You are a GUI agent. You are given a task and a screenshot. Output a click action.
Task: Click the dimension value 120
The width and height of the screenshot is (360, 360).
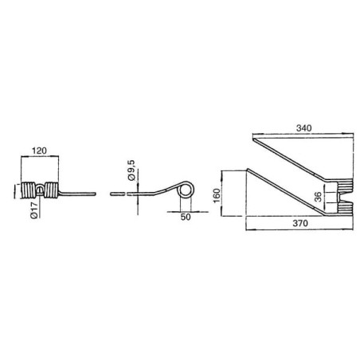tap(39, 151)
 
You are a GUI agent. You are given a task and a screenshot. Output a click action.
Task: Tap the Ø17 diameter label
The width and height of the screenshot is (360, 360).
tap(34, 209)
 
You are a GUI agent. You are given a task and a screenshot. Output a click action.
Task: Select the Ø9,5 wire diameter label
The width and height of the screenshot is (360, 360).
tap(131, 170)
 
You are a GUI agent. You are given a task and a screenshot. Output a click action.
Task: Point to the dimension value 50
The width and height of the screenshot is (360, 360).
tap(186, 217)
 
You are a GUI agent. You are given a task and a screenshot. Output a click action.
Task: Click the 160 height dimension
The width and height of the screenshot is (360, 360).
tap(217, 195)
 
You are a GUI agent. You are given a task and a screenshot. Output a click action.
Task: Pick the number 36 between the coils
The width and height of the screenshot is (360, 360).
tap(318, 197)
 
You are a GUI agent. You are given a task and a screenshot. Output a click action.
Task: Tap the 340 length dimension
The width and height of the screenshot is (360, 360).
tap(303, 128)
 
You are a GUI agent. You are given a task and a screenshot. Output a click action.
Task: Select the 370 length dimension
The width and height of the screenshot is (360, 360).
tap(300, 223)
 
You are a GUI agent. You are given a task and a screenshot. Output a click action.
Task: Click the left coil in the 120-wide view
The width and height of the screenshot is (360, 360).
tap(28, 190)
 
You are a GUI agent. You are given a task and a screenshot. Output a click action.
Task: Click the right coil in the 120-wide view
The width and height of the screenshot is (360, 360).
tap(51, 190)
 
